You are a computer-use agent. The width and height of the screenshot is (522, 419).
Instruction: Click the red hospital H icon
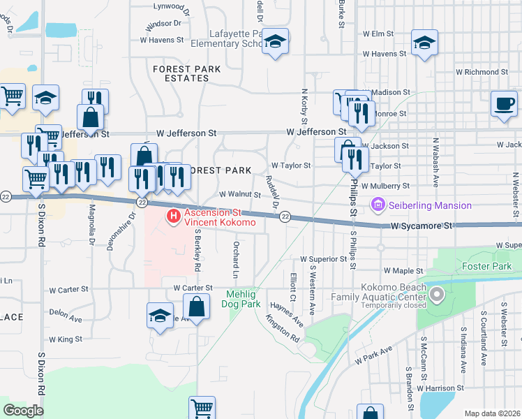173,218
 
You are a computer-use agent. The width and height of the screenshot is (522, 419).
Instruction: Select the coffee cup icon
504,105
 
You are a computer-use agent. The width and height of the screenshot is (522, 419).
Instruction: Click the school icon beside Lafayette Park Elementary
276,43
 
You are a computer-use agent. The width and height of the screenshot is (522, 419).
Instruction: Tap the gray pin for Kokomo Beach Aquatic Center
437,296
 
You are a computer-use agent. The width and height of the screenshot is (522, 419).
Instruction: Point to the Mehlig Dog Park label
241,300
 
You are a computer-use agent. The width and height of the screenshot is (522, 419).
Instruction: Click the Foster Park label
486,266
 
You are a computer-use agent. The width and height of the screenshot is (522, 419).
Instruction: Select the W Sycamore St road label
422,226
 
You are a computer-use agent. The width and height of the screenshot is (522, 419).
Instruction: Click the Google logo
23,411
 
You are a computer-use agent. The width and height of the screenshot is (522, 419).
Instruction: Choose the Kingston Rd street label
282,328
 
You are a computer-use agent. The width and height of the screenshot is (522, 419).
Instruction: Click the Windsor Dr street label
163,24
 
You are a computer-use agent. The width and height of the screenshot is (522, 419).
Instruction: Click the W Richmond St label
480,71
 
